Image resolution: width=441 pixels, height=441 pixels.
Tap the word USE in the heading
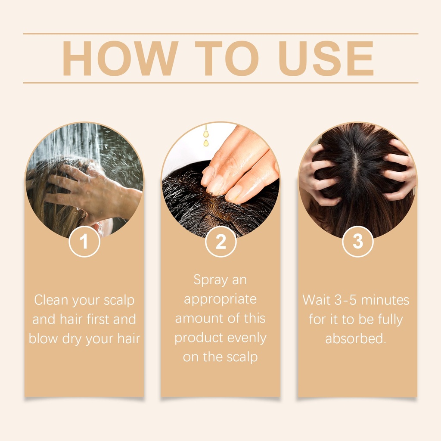pyautogui.click(x=326, y=58)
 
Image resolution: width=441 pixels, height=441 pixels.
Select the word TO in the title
pyautogui.click(x=227, y=58)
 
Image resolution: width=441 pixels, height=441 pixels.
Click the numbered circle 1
pyautogui.click(x=84, y=241)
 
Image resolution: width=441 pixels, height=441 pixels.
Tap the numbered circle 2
pyautogui.click(x=221, y=241)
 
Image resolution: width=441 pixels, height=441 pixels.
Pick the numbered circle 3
pyautogui.click(x=358, y=241)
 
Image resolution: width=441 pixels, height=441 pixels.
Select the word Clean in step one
pyautogui.click(x=51, y=300)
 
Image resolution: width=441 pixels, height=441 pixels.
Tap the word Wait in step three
pyautogui.click(x=317, y=300)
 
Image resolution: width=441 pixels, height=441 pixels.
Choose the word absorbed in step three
pyautogui.click(x=355, y=339)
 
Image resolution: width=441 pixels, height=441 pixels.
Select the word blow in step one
pyautogui.click(x=43, y=339)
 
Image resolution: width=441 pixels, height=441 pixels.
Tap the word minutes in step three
pyautogui.click(x=385, y=300)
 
